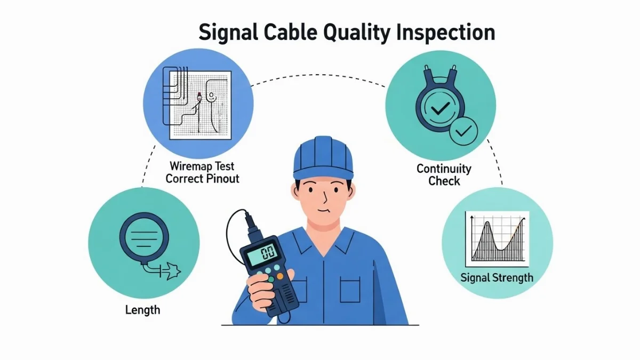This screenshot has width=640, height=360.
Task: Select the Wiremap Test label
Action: click(202, 166)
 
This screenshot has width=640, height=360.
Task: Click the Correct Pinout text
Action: click(202, 179)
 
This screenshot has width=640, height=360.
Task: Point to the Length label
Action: click(142, 310)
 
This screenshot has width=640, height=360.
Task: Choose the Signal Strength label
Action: click(497, 278)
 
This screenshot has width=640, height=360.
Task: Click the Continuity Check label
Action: click(444, 175)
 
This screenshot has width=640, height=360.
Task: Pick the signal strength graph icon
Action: click(497, 238)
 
